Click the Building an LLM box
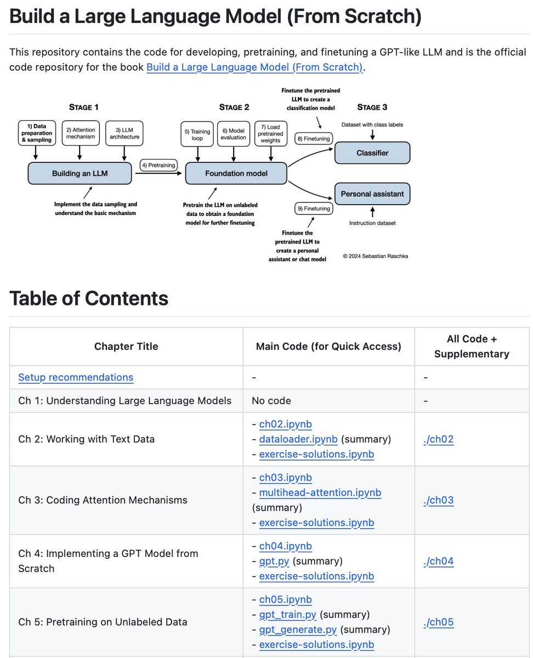point(80,173)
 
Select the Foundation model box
point(236,173)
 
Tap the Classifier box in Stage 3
point(372,153)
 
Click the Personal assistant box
point(372,194)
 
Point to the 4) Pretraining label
point(158,165)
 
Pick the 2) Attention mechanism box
point(81,133)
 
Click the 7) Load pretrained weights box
point(270,134)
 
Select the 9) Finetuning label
point(313,208)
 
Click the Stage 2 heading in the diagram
point(234,107)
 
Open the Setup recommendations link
point(76,377)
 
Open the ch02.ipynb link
point(285,424)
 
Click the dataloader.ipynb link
point(298,439)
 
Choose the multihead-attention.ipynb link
point(320,492)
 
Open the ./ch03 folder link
point(438,500)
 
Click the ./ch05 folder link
point(438,622)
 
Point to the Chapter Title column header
point(126,347)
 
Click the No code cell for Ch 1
point(271,401)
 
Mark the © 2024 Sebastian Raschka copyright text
point(376,256)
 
